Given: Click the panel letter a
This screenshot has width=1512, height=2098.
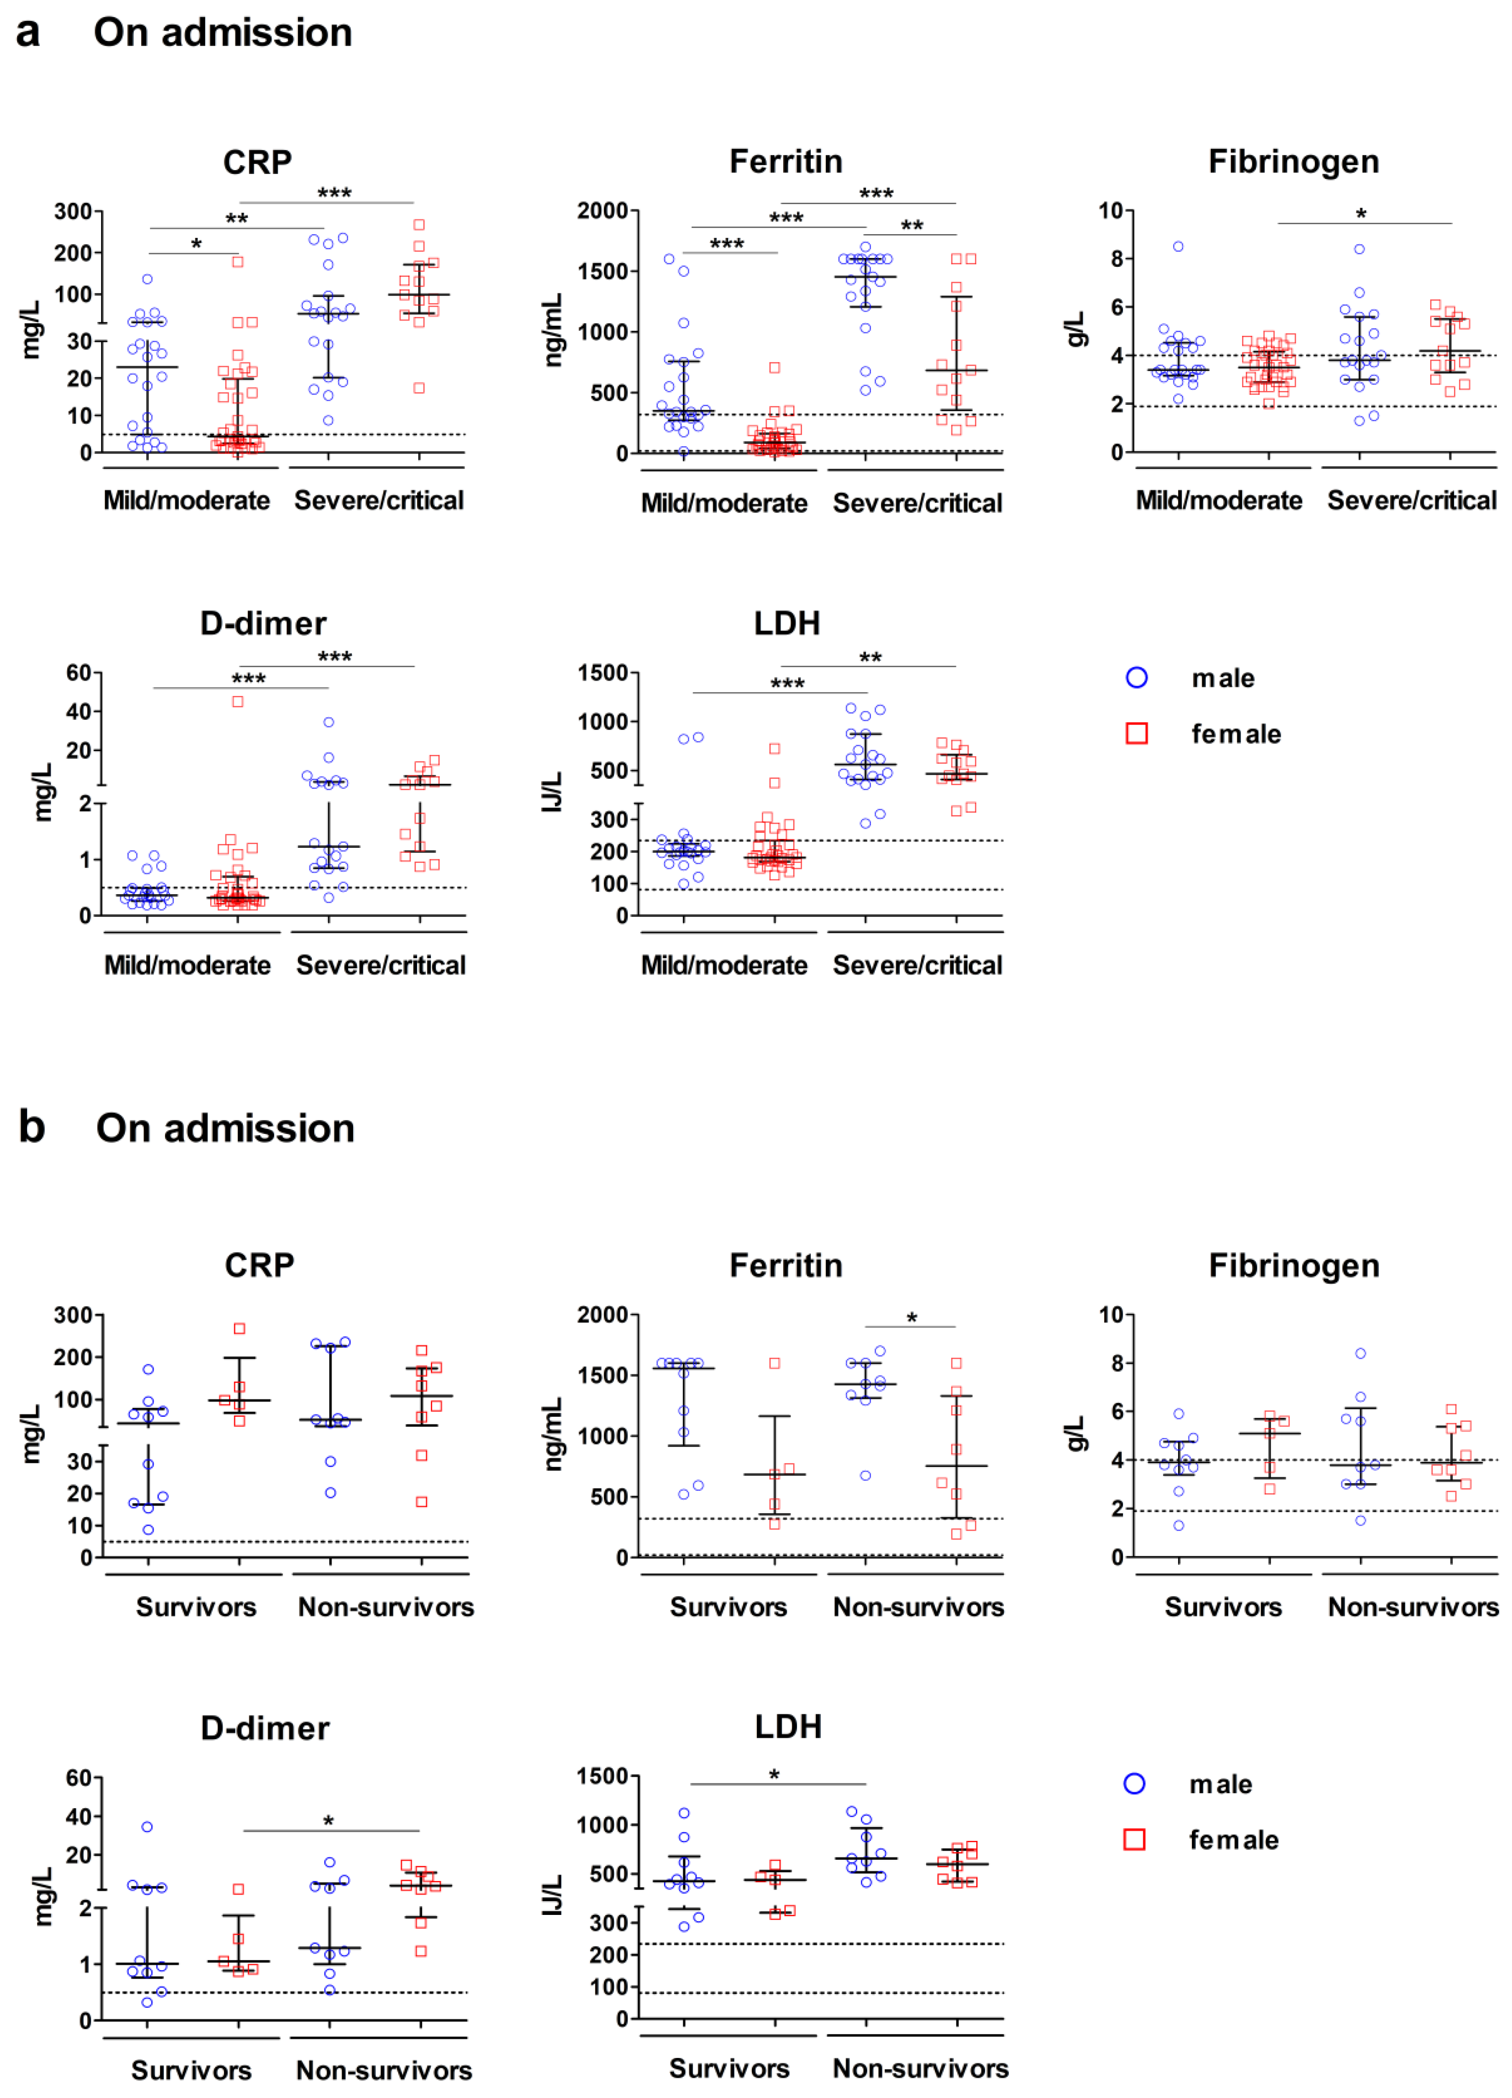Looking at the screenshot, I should (28, 33).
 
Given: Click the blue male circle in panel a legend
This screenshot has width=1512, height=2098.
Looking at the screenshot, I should (1137, 678).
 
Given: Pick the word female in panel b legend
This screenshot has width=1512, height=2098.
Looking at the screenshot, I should (1234, 1840).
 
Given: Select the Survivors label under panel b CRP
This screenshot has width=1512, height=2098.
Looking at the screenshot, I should (196, 1607).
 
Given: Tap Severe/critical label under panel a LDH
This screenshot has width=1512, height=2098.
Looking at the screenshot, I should (917, 965).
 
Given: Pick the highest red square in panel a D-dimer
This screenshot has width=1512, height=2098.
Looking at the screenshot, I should (238, 701).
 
